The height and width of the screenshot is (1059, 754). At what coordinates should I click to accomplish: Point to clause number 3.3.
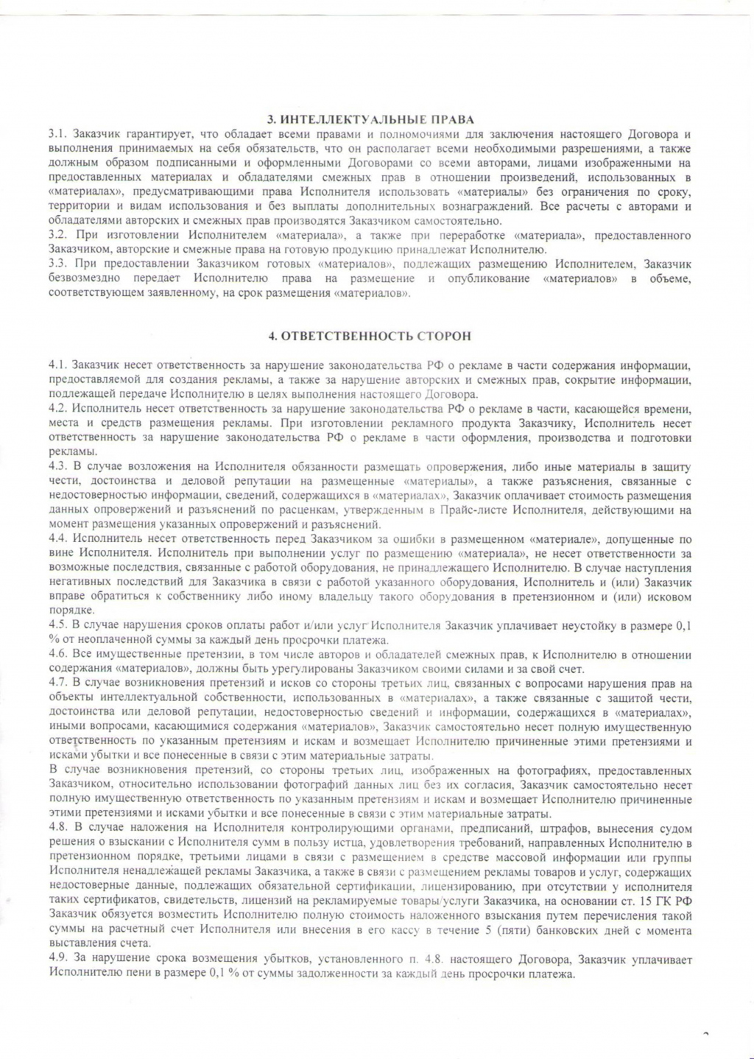pos(58,264)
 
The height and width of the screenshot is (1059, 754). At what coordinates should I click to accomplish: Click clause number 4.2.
pos(58,409)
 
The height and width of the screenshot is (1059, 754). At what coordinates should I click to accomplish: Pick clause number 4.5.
pos(58,625)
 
